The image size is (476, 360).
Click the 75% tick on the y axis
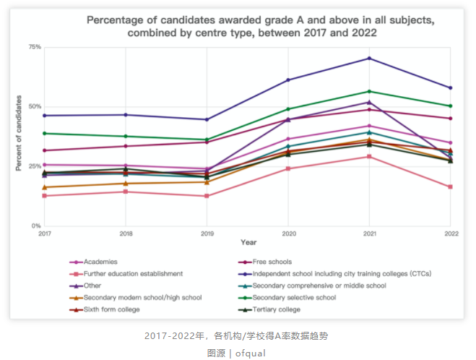pyautogui.click(x=35, y=47)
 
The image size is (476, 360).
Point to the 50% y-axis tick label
pyautogui.click(x=35, y=107)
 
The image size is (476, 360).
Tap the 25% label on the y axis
pyautogui.click(x=35, y=166)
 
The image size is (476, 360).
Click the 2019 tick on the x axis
pyautogui.click(x=207, y=233)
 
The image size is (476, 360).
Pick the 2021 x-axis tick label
pyautogui.click(x=370, y=233)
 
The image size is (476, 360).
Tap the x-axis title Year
pyautogui.click(x=248, y=242)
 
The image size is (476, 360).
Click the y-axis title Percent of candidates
pyautogui.click(x=19, y=134)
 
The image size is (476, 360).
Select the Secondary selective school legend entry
pyautogui.click(x=295, y=297)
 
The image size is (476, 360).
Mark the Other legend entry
pyautogui.click(x=93, y=286)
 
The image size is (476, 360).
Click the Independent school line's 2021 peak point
pyautogui.click(x=370, y=58)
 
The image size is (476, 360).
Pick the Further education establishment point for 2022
pyautogui.click(x=450, y=187)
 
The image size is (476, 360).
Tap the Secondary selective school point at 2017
pyautogui.click(x=44, y=133)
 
